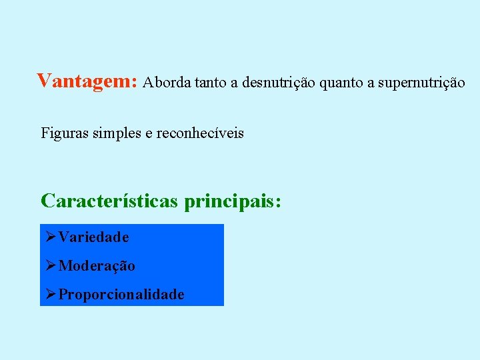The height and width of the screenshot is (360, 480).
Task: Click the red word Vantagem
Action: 85,81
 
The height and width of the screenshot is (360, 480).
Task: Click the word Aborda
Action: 167,83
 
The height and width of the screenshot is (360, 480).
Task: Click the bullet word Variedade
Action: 93,237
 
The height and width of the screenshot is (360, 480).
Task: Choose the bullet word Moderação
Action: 97,266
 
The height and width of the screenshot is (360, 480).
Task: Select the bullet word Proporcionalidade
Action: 121,295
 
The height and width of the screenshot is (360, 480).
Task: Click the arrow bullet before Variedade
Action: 51,237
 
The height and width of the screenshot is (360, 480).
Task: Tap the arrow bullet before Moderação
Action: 51,266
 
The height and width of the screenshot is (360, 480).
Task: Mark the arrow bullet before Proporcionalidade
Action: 51,295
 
